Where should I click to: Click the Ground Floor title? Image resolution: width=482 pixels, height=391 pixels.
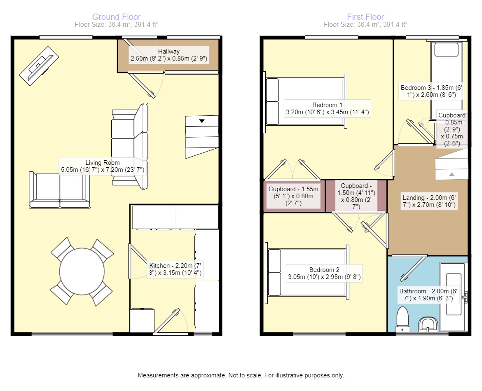[117, 17]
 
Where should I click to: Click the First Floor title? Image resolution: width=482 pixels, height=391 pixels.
[365, 17]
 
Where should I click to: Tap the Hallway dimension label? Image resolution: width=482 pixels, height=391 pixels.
[169, 55]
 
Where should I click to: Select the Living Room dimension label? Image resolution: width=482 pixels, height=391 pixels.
[102, 166]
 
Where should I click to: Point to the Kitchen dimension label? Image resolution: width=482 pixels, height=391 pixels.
[175, 269]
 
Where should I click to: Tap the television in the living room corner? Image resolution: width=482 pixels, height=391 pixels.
[39, 66]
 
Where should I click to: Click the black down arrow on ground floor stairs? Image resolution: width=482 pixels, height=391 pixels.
[201, 121]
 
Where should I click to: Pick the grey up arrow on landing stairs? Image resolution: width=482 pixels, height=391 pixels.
[452, 174]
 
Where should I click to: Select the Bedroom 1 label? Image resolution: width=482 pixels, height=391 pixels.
[328, 108]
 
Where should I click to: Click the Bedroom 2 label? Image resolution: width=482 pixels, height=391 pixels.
[324, 273]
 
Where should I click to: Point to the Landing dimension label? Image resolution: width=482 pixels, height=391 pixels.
[429, 201]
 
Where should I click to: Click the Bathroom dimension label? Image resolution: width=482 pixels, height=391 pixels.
[428, 295]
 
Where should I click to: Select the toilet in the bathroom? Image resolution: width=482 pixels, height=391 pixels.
[402, 318]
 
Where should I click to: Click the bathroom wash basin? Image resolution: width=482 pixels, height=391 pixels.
[428, 324]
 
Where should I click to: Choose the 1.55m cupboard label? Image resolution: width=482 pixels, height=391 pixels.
[294, 196]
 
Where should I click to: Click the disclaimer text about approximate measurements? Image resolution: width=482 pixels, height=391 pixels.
[241, 375]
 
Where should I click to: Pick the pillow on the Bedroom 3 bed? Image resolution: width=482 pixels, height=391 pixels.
[446, 49]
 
